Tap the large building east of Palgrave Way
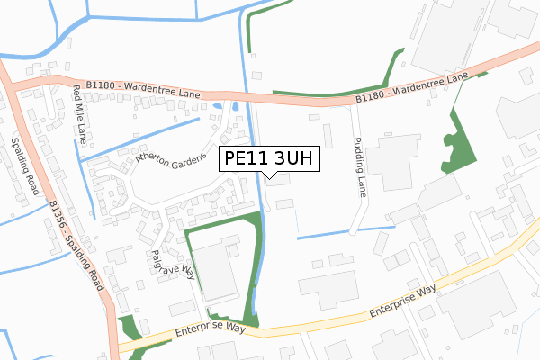[216, 270]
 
